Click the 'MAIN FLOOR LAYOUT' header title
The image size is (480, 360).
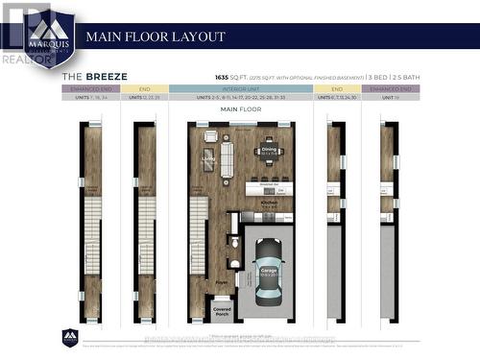pos(156,36)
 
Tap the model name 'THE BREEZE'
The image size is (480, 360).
pos(95,75)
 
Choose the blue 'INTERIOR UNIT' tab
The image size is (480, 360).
pos(240,88)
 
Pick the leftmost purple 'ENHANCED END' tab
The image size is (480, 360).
pos(89,88)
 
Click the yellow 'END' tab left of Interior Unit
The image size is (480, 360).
pos(145,88)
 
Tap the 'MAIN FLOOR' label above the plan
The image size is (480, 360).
pos(241,109)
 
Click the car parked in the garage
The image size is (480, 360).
pos(267,272)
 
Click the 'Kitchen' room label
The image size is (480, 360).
pos(269,203)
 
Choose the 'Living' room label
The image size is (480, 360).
pos(207,159)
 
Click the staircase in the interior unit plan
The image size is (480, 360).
pos(198,235)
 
